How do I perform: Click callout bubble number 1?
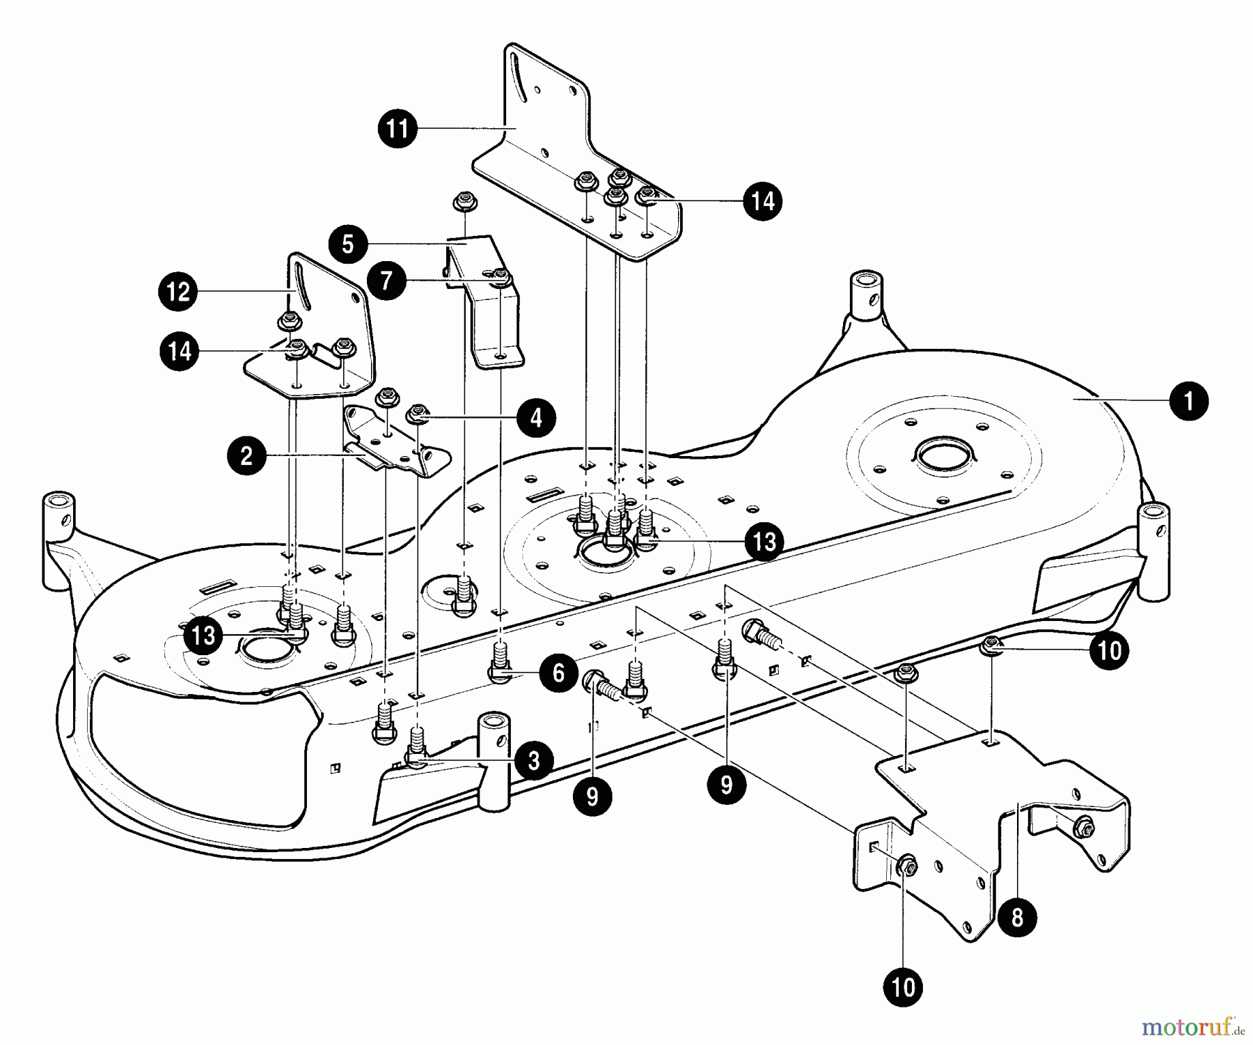(x=1189, y=401)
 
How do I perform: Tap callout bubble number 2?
(x=246, y=456)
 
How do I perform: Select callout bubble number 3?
(x=533, y=760)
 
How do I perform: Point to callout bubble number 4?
(x=536, y=418)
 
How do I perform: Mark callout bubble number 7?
(x=387, y=281)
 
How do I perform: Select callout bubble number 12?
(x=178, y=291)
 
